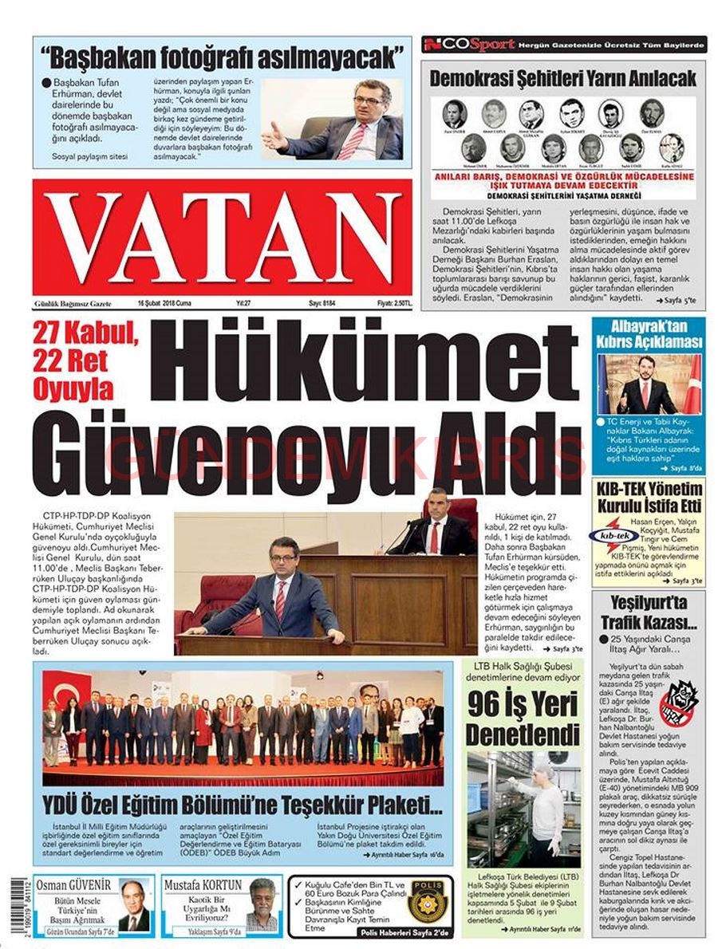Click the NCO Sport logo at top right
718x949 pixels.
click(x=468, y=45)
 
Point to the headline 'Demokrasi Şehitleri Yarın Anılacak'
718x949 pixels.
click(x=563, y=78)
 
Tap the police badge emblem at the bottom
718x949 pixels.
click(x=429, y=903)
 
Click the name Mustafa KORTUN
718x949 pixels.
click(x=203, y=884)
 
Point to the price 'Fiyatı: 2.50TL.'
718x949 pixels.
click(x=394, y=304)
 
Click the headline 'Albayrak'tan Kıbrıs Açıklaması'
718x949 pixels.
click(x=648, y=333)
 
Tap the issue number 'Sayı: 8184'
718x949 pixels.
click(x=323, y=304)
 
